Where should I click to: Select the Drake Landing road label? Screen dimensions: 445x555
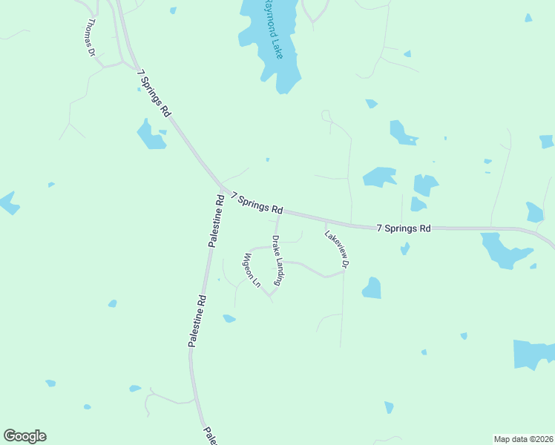[x=278, y=260]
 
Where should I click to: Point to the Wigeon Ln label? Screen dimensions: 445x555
[x=252, y=270]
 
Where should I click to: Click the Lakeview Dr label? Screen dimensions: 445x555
[x=336, y=248]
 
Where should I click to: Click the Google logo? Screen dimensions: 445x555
[x=24, y=436]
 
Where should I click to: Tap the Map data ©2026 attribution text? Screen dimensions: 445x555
[x=523, y=438]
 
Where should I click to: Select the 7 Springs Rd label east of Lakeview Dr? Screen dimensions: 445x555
[x=403, y=228]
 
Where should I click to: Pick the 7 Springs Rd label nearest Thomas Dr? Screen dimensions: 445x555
[x=154, y=93]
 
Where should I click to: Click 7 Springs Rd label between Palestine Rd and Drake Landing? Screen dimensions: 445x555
[x=257, y=202]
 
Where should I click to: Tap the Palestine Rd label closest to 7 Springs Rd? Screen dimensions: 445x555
[x=216, y=220]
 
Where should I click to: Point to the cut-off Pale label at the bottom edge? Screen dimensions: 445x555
[x=209, y=435]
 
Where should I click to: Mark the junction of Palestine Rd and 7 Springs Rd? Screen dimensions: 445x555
[x=221, y=186]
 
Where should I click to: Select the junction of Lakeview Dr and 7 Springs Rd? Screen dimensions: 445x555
[x=324, y=221]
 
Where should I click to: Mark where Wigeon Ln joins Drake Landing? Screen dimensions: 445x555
[x=270, y=295]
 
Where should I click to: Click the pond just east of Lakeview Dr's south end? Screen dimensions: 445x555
[x=372, y=288]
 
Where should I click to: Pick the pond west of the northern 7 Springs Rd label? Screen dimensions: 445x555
[x=151, y=135]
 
